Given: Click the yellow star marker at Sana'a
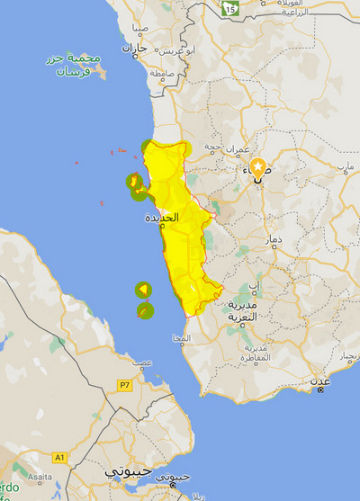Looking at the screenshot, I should click(x=259, y=166).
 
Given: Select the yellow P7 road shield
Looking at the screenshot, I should click(x=124, y=385).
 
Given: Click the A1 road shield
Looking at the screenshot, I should click(x=59, y=458).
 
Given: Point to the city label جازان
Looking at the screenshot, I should click(x=133, y=47).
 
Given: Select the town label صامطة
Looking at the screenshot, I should click(x=162, y=71).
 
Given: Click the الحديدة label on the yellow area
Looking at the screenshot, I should click(x=162, y=218).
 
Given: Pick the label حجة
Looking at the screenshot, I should click(x=213, y=146).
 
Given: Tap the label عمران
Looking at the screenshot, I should click(x=238, y=146).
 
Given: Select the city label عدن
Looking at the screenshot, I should click(x=321, y=380).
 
